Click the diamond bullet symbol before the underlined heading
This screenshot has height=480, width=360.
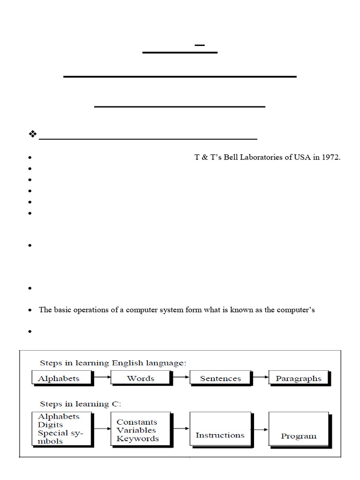point(32,135)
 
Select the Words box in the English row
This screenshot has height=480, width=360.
point(141,378)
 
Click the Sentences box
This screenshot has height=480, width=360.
point(220,378)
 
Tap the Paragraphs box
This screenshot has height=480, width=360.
point(299,378)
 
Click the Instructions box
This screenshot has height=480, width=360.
point(220,435)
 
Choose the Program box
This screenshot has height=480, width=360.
point(299,435)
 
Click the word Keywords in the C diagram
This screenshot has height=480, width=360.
point(138,439)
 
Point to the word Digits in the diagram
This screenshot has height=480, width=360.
point(51,425)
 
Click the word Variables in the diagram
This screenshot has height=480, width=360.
point(136,430)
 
